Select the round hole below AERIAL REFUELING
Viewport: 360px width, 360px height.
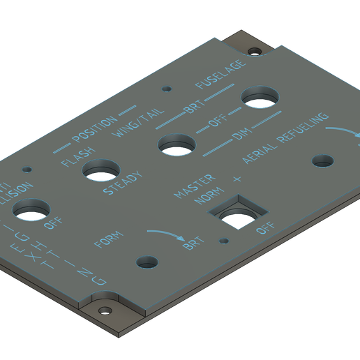pos(323,161)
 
